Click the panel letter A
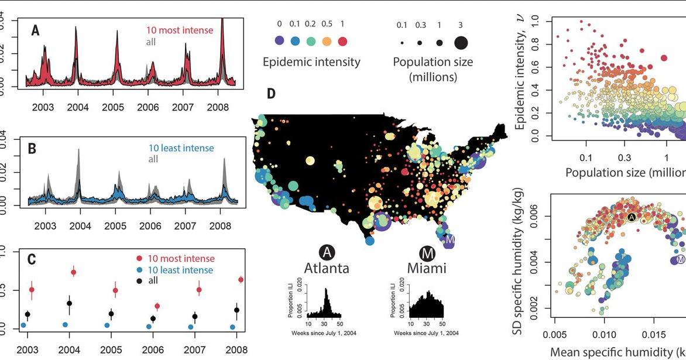(x=36, y=30)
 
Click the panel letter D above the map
(x=272, y=93)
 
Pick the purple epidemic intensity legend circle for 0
(x=280, y=42)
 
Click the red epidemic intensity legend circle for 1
(x=344, y=42)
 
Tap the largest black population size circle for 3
(x=459, y=42)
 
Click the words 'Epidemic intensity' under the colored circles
(x=311, y=62)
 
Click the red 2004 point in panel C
(x=74, y=272)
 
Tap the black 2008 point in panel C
(x=236, y=310)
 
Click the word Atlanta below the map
(x=327, y=269)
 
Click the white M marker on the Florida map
(x=450, y=239)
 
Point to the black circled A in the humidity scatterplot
(x=631, y=217)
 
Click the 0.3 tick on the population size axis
(x=624, y=157)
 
